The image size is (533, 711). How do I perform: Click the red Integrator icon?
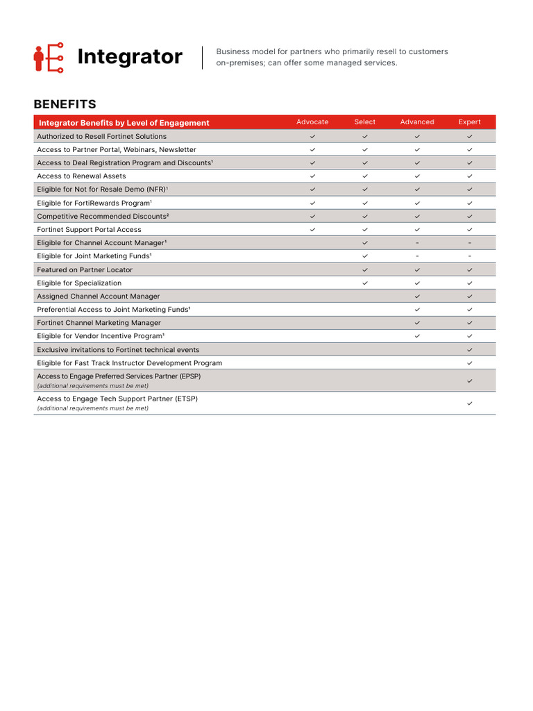point(49,58)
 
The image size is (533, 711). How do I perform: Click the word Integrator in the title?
point(130,57)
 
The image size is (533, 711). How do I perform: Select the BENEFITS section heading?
point(65,104)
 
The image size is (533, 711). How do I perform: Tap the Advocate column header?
point(312,122)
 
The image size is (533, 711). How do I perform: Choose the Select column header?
point(364,122)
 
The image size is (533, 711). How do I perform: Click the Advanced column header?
point(417,122)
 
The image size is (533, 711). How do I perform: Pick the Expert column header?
point(469,122)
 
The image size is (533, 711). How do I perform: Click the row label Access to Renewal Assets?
point(81,176)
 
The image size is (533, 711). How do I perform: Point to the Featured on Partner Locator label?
point(85,270)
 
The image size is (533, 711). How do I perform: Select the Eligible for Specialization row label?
point(79,283)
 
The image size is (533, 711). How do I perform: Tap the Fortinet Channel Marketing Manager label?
point(99,323)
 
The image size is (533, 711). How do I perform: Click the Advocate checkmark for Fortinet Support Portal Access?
point(312,230)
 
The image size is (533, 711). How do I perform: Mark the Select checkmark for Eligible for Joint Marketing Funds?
point(365,256)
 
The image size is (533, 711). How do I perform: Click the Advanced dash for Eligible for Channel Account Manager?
point(417,243)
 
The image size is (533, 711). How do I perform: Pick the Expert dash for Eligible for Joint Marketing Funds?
point(470,256)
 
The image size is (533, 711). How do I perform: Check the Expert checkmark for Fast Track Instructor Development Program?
point(470,363)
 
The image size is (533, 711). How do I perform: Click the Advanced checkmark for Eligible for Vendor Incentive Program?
point(417,336)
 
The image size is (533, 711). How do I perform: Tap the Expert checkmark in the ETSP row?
point(470,403)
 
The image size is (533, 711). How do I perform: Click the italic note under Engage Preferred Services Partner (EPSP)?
point(92,385)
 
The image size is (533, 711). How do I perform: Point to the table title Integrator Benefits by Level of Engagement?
point(124,123)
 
